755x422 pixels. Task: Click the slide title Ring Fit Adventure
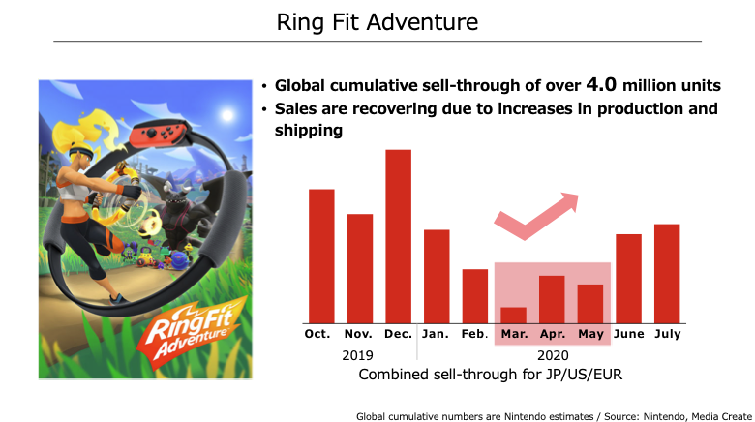pos(377,22)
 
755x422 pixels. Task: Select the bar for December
pos(398,236)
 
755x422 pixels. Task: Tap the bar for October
pos(321,256)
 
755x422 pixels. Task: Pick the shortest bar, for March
pos(513,316)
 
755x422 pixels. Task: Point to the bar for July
pos(667,274)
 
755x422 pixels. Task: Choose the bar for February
pos(474,296)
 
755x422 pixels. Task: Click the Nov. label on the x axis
pos(358,334)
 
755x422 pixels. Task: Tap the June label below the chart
pos(629,334)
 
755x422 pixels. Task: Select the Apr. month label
pos(553,334)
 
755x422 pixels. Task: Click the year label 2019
pos(357,355)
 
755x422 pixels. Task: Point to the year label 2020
pos(553,355)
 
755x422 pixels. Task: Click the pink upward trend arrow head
pos(569,201)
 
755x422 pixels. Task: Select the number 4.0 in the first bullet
pos(601,85)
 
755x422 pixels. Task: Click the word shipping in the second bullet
pos(309,130)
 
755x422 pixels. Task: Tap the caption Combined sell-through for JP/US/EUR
pos(490,375)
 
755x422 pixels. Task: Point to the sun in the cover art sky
pos(227,115)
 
